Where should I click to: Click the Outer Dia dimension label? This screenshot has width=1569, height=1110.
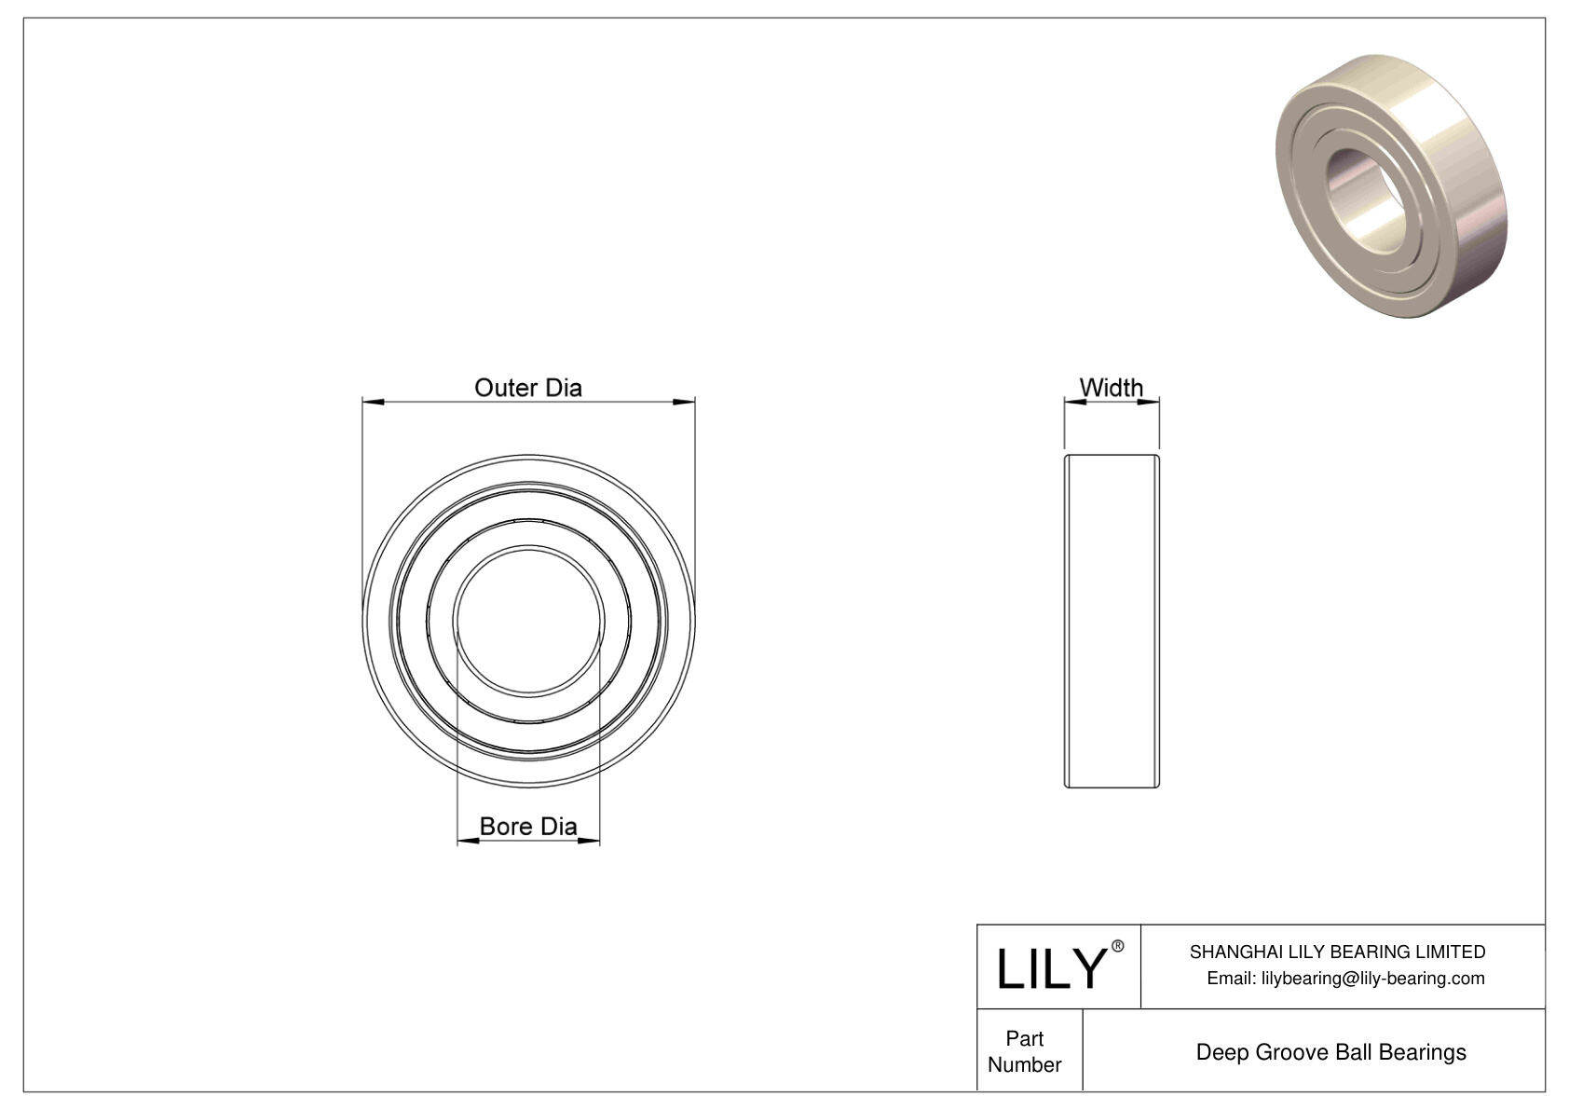pos(527,388)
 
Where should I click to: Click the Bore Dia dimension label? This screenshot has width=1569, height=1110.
pos(527,826)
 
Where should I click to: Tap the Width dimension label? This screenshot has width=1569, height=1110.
pos(1111,387)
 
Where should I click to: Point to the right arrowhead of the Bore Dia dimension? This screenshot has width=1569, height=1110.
pos(589,842)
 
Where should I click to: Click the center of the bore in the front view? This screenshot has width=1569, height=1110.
pos(528,621)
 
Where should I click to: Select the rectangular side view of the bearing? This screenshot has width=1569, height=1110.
pos(1112,621)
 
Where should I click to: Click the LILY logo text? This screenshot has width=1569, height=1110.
pos(1049,968)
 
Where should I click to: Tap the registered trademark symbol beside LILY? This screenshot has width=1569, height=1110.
pos(1118,946)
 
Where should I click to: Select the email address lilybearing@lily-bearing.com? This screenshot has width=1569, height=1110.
pos(1372,978)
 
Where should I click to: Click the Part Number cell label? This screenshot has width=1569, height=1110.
pos(1024,1051)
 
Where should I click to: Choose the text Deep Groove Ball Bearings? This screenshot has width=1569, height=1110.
pos(1330,1052)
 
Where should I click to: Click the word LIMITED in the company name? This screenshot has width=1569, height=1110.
pos(1450,952)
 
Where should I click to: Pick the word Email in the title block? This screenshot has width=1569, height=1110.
pos(1230,978)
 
